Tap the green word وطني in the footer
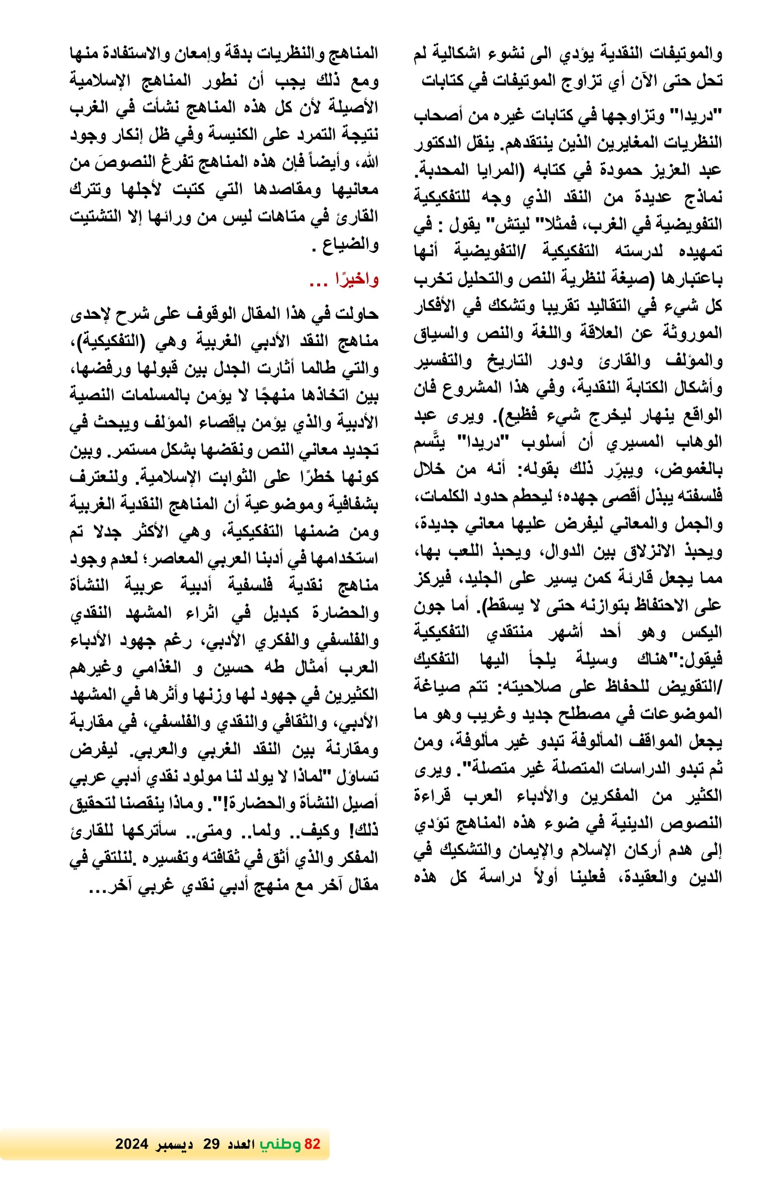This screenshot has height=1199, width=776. [x=280, y=1144]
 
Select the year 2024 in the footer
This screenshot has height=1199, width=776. [x=131, y=1144]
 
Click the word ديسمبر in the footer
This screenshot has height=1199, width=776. [x=174, y=1144]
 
